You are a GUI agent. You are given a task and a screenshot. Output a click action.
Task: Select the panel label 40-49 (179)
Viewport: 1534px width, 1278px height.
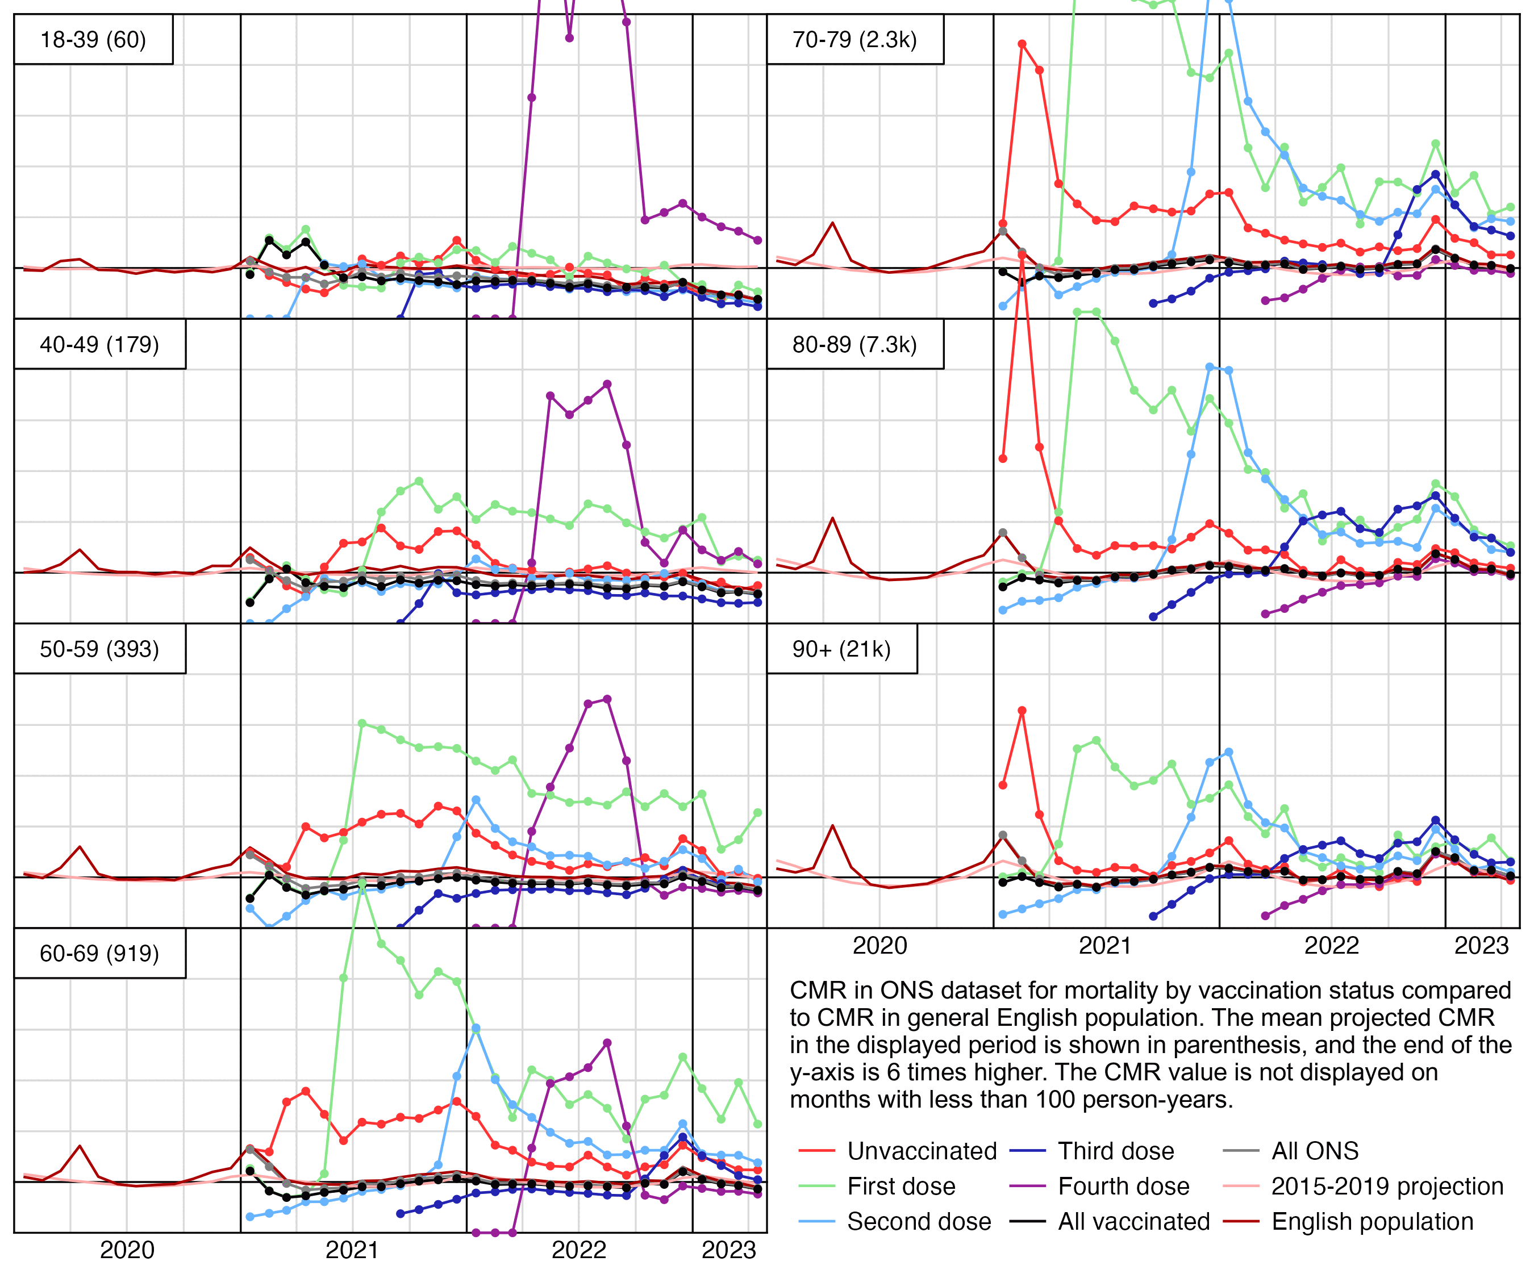point(99,344)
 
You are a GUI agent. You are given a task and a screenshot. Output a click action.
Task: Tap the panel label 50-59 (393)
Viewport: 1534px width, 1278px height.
point(99,649)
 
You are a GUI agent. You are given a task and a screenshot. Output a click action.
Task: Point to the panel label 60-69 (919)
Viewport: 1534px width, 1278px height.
point(99,953)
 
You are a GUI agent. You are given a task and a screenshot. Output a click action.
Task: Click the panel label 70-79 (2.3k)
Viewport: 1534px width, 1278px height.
point(854,39)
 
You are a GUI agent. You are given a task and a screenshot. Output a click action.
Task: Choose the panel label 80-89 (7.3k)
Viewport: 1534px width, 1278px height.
point(854,344)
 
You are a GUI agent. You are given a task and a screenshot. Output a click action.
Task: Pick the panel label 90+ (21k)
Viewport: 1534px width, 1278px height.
point(841,649)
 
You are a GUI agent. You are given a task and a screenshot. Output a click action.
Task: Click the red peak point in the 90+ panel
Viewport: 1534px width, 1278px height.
point(1022,711)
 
